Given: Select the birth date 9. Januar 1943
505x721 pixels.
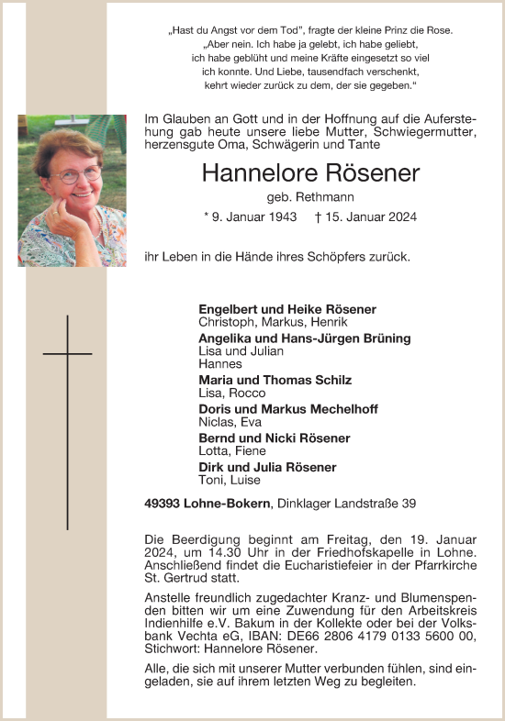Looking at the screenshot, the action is [x=251, y=217].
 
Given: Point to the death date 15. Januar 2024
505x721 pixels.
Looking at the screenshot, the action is [x=372, y=217].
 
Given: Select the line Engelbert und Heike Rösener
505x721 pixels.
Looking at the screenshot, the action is [x=287, y=309].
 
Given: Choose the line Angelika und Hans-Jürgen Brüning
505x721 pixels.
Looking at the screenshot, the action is [x=304, y=338].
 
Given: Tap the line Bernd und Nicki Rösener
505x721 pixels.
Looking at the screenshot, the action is [x=274, y=438].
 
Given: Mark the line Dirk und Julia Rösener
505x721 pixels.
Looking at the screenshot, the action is [x=267, y=468].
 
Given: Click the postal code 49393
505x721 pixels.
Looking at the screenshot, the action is [x=163, y=503].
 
